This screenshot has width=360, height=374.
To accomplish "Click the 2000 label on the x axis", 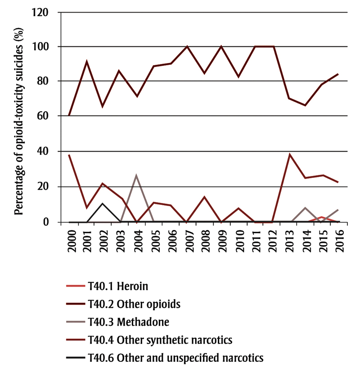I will tap(69, 241).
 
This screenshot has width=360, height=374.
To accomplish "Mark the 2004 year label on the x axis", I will tap(137, 241).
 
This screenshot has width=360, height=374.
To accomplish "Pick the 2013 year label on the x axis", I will tap(288, 241).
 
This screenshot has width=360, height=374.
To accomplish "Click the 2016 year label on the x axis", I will tap(338, 241).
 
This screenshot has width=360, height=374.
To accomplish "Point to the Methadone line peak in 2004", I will tap(136, 175).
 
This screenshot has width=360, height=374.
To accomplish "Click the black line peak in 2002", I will tap(103, 203).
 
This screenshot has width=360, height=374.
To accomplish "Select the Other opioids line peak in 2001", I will tap(86, 62).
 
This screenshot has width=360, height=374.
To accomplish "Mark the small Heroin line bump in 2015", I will tap(322, 217).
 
